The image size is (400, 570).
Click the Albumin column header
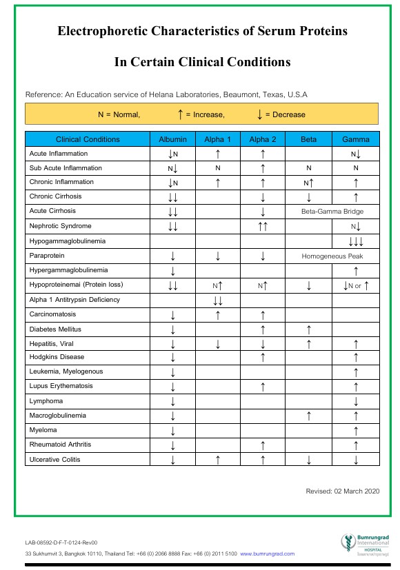click(172, 139)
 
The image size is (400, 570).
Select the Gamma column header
click(355, 139)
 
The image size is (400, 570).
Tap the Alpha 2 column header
click(263, 139)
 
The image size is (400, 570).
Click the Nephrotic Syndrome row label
click(61, 226)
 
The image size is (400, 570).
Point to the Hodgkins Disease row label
click(57, 357)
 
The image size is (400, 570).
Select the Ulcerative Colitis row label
click(56, 459)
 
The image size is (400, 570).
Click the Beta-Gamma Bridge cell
click(332, 212)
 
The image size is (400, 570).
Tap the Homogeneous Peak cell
click(332, 256)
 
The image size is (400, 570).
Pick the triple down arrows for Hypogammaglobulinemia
click(355, 241)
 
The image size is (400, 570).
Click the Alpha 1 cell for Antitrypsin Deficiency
click(218, 300)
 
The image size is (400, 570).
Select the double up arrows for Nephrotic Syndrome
click(263, 226)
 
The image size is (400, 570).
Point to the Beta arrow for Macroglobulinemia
click(309, 416)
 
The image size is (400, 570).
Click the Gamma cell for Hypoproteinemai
click(355, 285)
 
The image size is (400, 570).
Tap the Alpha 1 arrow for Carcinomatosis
click(218, 314)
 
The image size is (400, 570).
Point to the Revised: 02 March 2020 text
click(342, 491)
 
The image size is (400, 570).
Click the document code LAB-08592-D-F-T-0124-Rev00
click(61, 542)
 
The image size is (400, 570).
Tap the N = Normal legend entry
click(119, 114)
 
